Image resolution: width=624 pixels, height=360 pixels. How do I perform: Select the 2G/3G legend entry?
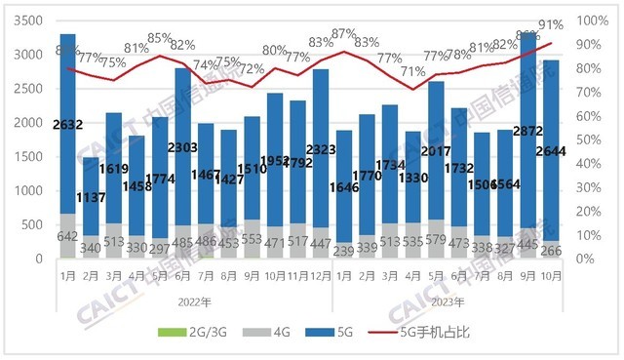click(186, 333)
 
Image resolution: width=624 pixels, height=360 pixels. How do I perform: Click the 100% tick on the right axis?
click(591, 20)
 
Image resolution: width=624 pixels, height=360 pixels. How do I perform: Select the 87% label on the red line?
click(343, 33)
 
